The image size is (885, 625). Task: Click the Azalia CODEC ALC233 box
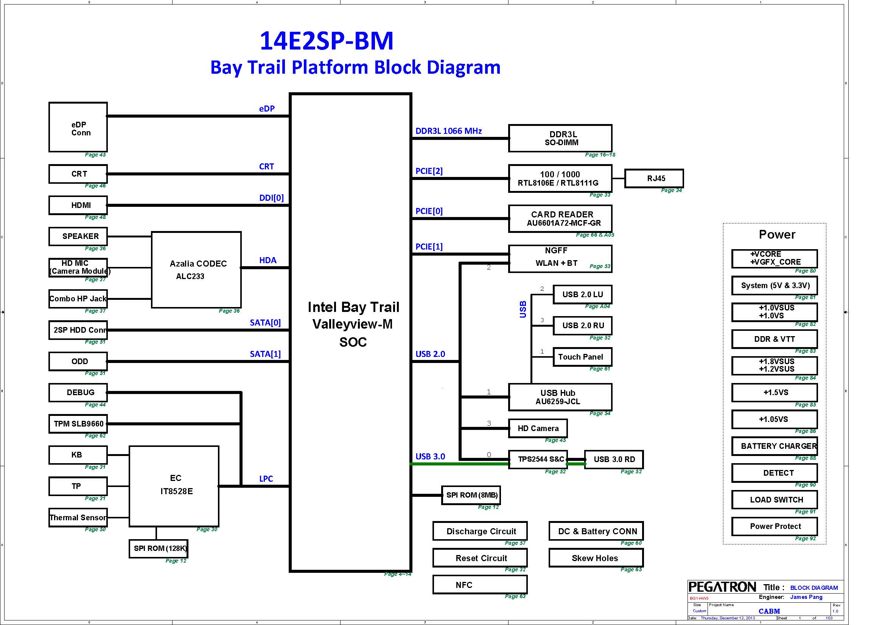pos(196,270)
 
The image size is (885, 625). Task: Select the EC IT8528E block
pos(174,486)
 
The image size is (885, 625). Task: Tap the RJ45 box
pos(654,178)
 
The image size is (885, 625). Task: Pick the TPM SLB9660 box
pos(78,423)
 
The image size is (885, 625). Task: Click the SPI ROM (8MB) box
pos(471,495)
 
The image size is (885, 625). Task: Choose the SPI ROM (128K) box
pos(159,548)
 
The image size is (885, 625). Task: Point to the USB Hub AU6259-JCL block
pos(560,397)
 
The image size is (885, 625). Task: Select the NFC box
pos(479,585)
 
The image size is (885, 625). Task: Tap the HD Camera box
pos(538,428)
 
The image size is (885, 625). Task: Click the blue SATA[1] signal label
pos(265,354)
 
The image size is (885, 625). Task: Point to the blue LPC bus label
pos(266,479)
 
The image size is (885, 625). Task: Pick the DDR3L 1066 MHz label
pos(449,131)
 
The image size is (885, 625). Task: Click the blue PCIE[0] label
pos(429,211)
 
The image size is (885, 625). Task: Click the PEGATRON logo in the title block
pos(722,587)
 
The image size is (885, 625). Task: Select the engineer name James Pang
pos(806,597)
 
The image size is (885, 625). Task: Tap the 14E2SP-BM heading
pos(327,41)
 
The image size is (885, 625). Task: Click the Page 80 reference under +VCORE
pos(805,271)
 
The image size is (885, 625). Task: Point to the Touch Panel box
pos(582,357)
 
